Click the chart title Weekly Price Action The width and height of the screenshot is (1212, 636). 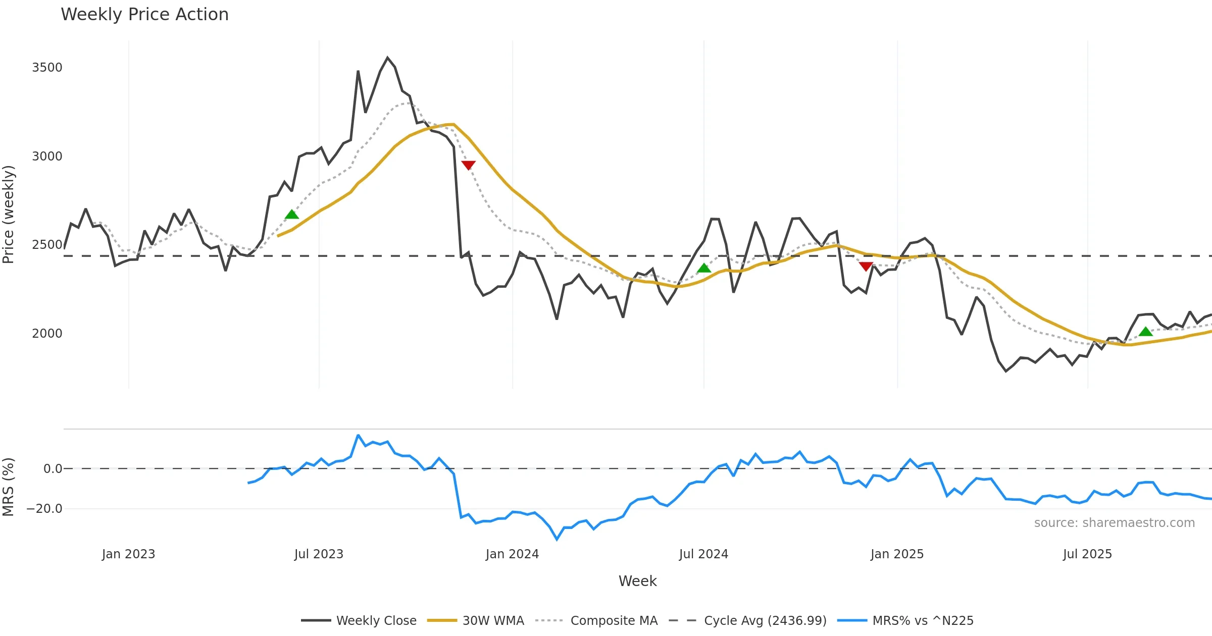[x=144, y=15]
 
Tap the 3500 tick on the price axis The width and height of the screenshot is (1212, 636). [x=47, y=68]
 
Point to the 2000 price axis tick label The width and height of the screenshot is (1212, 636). [x=47, y=334]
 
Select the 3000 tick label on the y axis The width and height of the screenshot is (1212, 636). [x=47, y=156]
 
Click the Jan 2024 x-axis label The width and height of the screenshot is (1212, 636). [x=512, y=554]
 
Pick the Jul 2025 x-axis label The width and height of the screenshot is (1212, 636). [x=1087, y=554]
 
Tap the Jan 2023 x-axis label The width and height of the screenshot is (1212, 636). [x=128, y=554]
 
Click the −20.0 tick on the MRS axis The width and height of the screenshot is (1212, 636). [x=44, y=509]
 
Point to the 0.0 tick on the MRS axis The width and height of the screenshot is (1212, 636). [x=53, y=469]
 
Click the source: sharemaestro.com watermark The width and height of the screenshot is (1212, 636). [x=1114, y=523]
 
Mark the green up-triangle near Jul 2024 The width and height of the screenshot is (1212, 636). [x=704, y=268]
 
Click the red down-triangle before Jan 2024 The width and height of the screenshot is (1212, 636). [x=468, y=165]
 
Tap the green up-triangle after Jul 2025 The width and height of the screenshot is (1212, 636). [x=1145, y=332]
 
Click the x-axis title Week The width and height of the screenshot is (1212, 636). [x=637, y=581]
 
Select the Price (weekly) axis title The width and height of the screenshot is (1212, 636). [x=9, y=215]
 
